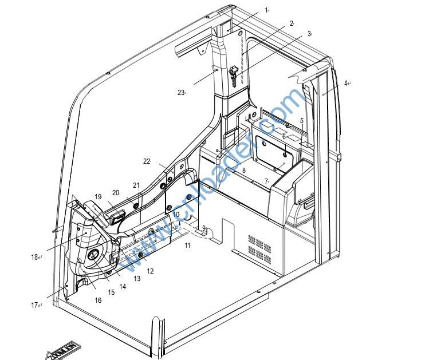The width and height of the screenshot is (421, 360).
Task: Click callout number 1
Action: coord(266,10)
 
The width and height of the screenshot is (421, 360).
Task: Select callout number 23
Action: coord(180,93)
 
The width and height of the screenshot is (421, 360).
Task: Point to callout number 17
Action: coord(34,305)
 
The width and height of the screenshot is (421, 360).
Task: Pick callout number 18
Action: coord(34,258)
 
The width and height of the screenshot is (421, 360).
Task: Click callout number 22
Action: coord(147,161)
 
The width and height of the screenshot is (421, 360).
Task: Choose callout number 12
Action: coord(149,271)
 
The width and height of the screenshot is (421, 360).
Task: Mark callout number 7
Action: coord(266,181)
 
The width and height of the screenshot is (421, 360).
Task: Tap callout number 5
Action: coord(302,120)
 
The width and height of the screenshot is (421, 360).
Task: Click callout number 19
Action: coord(98,196)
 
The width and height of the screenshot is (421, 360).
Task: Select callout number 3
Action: coord(309,34)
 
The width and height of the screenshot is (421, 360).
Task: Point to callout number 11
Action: coord(187,245)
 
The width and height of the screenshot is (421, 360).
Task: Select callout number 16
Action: coord(98,300)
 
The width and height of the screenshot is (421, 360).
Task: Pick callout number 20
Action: coord(115,193)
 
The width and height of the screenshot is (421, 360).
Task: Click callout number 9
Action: coord(203,228)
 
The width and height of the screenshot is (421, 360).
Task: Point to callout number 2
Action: coord(291,23)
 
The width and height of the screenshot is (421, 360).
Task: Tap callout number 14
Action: coord(123,286)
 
